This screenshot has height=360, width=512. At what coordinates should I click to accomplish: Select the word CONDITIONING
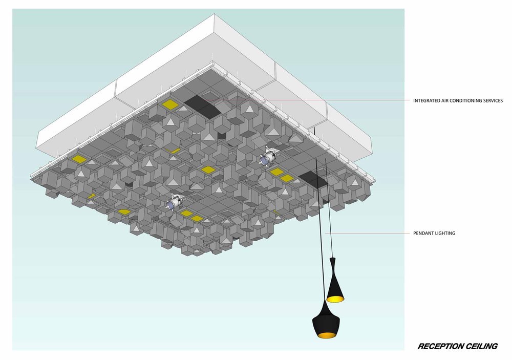[465, 100]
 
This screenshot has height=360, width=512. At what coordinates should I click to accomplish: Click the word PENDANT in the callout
[423, 233]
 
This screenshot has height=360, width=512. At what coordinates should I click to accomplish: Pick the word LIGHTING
[445, 233]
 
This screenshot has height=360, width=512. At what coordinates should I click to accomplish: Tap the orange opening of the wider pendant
[326, 335]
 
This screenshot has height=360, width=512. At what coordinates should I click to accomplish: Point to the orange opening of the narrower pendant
[335, 299]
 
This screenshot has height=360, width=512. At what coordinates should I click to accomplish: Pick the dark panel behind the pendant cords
[313, 179]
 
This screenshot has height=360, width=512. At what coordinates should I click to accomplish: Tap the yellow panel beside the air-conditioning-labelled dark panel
[170, 104]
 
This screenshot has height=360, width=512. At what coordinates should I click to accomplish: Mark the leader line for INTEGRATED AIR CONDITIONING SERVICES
[307, 100]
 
